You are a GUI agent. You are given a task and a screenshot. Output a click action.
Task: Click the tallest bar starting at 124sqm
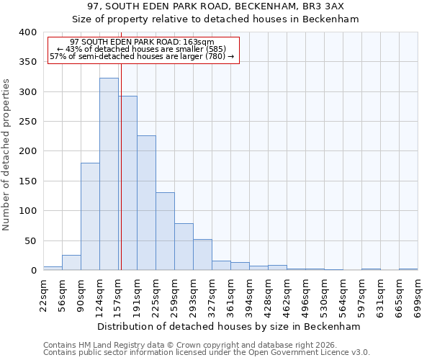pos(109,174)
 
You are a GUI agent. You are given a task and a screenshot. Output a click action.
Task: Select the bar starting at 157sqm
pos(128,183)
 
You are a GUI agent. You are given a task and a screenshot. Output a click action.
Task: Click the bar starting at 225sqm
pos(165,231)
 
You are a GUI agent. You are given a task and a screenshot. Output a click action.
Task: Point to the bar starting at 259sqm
pos(184,247)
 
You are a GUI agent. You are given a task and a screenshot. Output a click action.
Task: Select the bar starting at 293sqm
pos(202,255)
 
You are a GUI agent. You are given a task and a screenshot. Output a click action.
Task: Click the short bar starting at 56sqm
pos(71,263)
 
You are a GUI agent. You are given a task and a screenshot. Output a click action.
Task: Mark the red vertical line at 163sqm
pos(121,158)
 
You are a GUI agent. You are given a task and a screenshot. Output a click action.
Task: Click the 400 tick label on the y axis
pos(27,32)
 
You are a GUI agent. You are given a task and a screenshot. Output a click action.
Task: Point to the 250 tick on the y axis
pos(27,122)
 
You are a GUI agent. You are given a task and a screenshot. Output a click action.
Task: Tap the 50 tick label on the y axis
pos(30,240)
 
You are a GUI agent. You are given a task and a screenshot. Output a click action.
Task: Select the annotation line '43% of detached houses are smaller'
pos(141,49)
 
